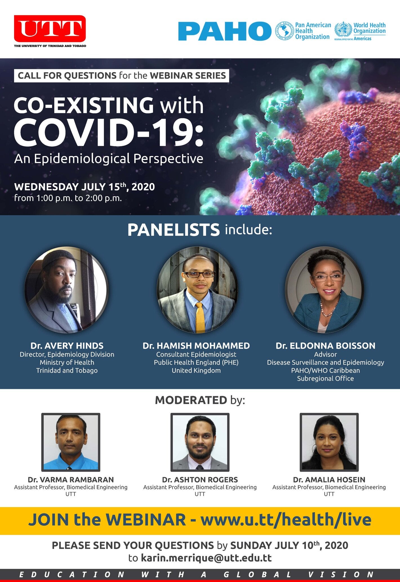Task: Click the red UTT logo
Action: point(50,29)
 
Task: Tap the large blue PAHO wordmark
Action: point(225,31)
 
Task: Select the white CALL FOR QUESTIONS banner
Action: point(121,75)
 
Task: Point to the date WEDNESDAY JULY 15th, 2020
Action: point(85,187)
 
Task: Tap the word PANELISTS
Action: point(174,230)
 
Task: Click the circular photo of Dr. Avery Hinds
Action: point(67,290)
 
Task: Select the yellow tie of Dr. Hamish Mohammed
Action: point(200,317)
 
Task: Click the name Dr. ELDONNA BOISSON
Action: point(325,346)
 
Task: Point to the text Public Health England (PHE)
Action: point(196,362)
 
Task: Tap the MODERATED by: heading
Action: point(200,400)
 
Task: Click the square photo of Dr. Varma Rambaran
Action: point(71,442)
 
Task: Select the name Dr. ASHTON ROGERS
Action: point(200,480)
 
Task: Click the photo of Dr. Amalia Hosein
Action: point(329,442)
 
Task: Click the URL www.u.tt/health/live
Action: point(286,520)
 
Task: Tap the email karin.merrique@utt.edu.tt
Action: point(206,558)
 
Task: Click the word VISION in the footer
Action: point(341,574)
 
